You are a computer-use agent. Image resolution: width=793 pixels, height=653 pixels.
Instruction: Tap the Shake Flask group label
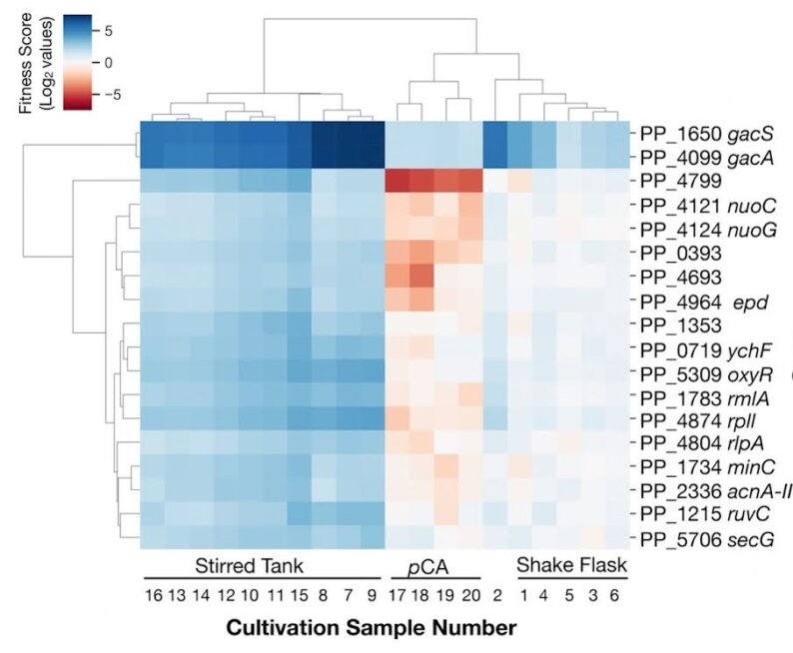571,566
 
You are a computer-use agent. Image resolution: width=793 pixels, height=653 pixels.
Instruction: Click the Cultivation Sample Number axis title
372,629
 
